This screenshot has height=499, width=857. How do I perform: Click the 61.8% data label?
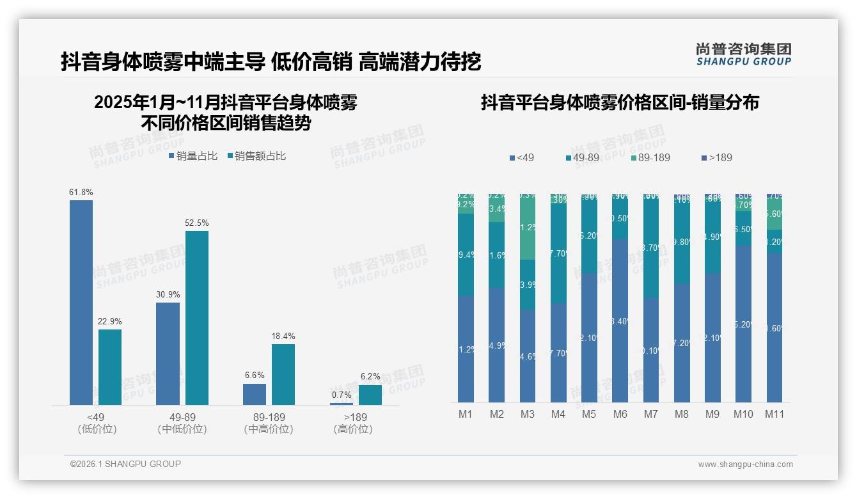[81, 192]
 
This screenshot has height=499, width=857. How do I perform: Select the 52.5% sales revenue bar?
[197, 317]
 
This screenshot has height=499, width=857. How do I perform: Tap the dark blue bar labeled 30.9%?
[168, 353]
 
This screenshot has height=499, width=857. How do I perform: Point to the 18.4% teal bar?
[283, 374]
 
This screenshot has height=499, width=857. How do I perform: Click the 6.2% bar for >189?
[370, 395]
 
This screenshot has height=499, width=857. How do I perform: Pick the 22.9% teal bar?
[110, 367]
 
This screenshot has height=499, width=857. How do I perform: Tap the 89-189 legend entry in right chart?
[650, 157]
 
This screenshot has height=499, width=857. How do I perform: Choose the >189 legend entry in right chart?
[717, 157]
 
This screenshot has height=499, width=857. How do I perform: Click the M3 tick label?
[527, 414]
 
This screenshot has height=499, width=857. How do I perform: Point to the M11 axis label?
[774, 414]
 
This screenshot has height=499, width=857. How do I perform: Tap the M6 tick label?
[620, 414]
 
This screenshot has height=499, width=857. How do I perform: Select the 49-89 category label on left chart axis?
[182, 418]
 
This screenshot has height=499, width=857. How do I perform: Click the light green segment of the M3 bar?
[528, 227]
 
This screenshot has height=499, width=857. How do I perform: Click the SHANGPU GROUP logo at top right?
[743, 54]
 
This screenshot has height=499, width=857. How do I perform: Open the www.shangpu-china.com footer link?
[745, 464]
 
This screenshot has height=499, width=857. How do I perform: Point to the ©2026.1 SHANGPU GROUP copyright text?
[125, 464]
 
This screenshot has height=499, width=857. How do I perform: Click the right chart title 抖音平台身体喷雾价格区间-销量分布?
[620, 103]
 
